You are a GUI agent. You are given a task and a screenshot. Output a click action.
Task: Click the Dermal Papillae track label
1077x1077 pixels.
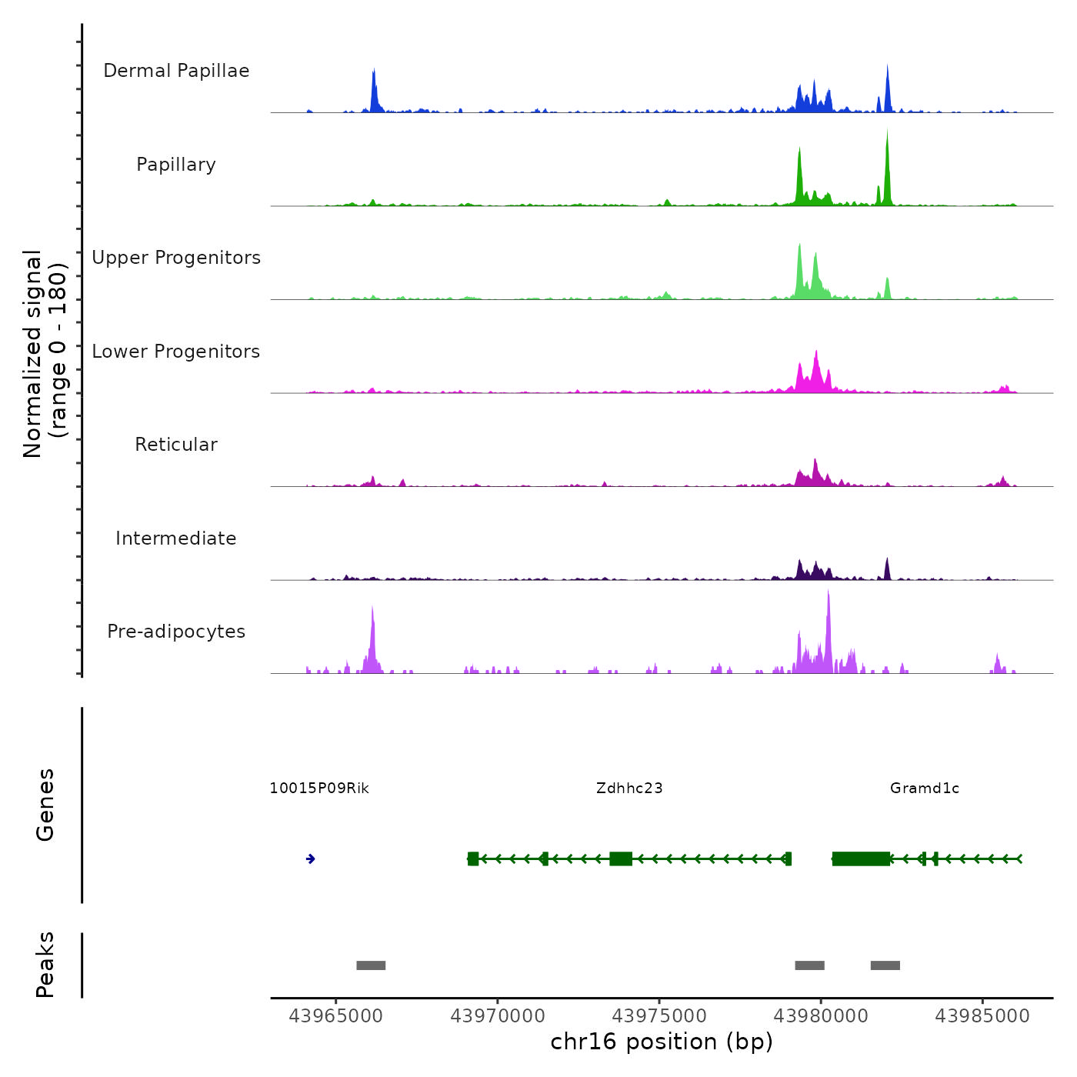point(176,71)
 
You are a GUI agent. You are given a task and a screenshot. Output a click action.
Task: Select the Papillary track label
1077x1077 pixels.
point(176,165)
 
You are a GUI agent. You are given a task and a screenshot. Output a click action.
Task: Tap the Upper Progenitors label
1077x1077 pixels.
point(176,258)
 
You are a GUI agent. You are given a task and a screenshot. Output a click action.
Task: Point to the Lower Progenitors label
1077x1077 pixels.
point(176,352)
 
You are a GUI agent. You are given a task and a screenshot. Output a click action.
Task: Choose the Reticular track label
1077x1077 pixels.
point(176,445)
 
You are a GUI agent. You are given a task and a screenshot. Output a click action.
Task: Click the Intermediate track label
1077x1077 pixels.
point(176,538)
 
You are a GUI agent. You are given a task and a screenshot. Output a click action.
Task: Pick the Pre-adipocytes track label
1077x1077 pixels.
point(176,632)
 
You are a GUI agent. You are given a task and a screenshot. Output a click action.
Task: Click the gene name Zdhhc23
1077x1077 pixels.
point(629,789)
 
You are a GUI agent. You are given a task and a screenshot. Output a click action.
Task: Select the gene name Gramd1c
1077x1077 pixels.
point(925,789)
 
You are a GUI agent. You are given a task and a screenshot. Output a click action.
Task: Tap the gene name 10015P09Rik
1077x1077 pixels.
point(319,789)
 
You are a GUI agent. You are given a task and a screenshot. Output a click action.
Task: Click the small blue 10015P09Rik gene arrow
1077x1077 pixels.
point(311,859)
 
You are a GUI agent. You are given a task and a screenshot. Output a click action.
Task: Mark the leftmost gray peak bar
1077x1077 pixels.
point(371,965)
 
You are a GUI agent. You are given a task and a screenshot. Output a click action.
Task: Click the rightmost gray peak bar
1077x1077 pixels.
point(885,965)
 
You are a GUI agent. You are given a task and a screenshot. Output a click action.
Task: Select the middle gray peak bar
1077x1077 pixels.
point(810,965)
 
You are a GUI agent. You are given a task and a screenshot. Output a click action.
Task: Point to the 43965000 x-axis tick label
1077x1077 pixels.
point(335,1016)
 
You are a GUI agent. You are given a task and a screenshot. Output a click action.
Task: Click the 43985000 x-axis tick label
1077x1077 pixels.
point(982,1016)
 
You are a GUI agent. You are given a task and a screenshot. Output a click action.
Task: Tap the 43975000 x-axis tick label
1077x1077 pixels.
point(659,1016)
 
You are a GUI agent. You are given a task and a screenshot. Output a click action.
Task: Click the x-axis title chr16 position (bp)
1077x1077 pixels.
point(662,1042)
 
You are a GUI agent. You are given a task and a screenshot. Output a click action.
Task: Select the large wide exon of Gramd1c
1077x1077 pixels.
point(861,859)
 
